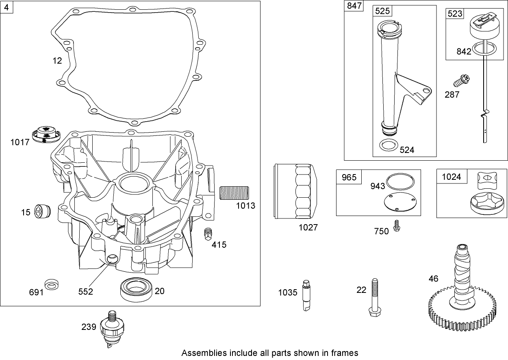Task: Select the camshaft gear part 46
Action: coord(461,301)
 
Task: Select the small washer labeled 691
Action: coord(51,284)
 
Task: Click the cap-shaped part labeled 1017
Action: coord(46,135)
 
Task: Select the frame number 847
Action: coord(353,7)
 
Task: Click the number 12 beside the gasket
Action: coord(57,61)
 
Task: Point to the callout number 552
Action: coord(86,292)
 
